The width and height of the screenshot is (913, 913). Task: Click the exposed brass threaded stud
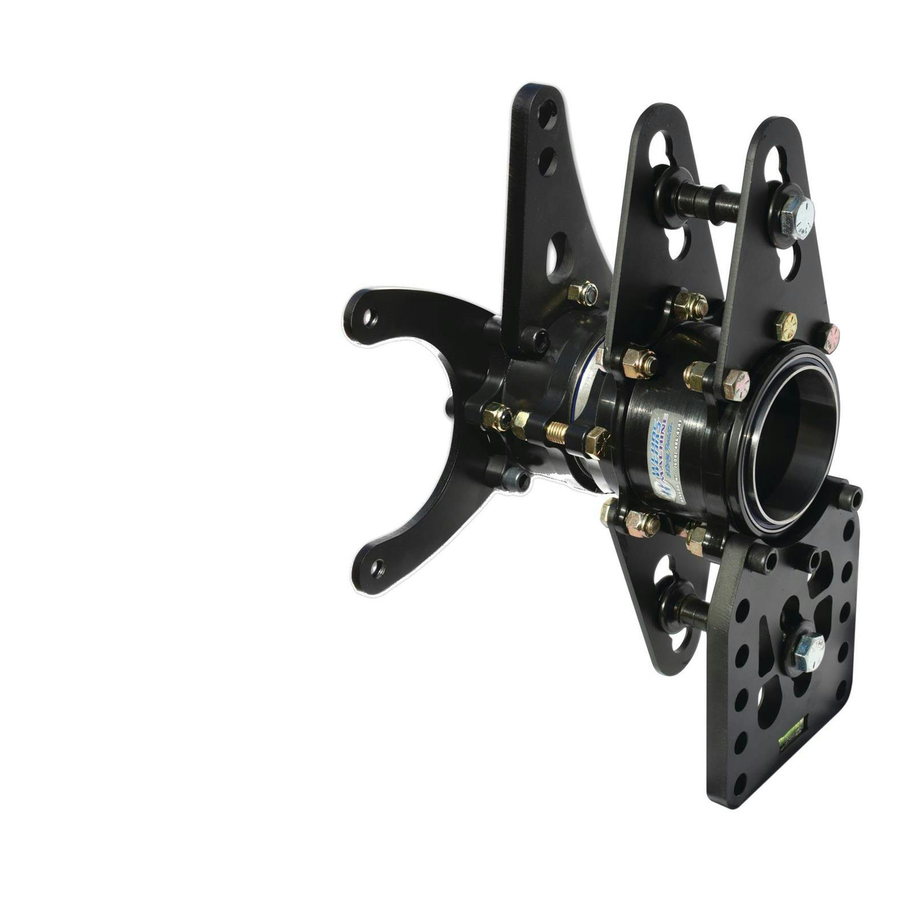[x=557, y=434]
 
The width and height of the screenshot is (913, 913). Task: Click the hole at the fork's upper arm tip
[x=370, y=317]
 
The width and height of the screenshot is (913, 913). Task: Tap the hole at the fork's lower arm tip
[x=377, y=568]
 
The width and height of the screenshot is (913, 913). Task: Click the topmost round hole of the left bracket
[x=547, y=114]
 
